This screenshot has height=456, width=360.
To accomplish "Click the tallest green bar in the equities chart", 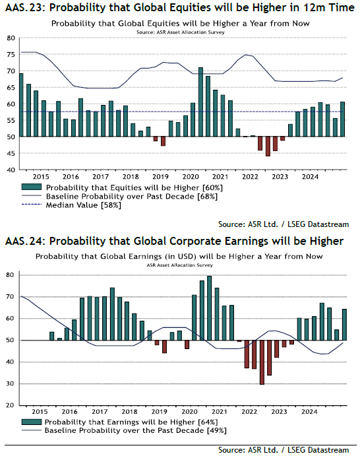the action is click(200, 102).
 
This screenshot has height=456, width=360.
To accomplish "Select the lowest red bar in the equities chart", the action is click(268, 147).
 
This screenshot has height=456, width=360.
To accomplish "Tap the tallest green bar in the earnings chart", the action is click(209, 308).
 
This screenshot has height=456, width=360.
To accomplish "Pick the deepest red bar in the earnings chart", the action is click(262, 362).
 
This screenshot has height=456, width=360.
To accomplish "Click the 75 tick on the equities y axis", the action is click(11, 55).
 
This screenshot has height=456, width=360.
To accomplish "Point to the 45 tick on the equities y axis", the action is click(11, 153).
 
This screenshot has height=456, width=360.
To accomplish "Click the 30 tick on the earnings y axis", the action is click(10, 383).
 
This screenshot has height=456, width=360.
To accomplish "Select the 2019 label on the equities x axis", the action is click(160, 177).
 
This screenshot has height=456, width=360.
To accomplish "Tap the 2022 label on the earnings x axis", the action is click(249, 412).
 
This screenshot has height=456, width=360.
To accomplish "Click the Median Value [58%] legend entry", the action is click(83, 205).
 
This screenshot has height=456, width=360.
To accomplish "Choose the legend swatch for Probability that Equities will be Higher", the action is click(32, 187).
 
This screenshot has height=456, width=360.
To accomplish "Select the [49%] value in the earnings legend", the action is click(217, 430).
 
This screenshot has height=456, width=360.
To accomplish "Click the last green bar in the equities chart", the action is click(343, 119).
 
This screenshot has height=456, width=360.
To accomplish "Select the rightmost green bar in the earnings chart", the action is click(344, 325).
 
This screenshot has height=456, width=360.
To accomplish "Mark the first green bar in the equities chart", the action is click(21, 105).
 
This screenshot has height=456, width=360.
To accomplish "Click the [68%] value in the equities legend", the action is click(208, 196).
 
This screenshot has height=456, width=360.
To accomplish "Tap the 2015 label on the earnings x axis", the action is click(40, 412).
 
